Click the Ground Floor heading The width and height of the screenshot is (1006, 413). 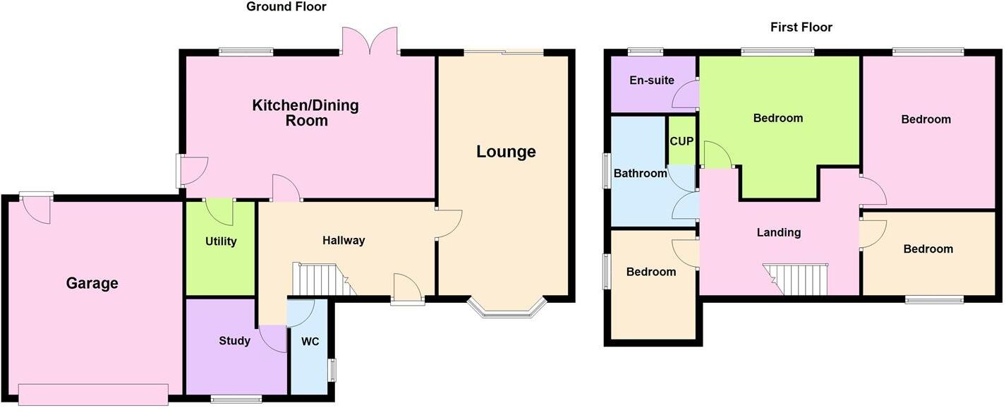[x=286, y=7]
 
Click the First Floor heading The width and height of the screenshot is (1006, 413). [x=801, y=28]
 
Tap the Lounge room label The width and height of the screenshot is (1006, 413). [x=506, y=152]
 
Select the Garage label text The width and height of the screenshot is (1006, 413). [x=92, y=284]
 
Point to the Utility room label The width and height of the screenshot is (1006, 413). [x=221, y=241]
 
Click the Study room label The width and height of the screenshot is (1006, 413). [x=234, y=341]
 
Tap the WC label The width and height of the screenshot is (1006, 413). [x=310, y=342]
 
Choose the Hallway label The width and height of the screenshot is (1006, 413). [x=344, y=240]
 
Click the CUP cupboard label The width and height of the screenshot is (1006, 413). [x=681, y=141]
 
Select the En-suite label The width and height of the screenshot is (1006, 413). [x=651, y=80]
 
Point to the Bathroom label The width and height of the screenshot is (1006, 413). [x=640, y=173]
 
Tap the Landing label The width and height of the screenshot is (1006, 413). [x=779, y=232]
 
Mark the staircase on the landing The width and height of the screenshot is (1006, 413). [x=796, y=280]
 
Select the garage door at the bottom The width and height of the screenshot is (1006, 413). [x=93, y=394]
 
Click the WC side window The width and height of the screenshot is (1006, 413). [x=332, y=370]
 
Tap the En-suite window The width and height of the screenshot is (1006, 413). [x=646, y=51]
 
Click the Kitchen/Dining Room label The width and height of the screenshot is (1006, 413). [x=305, y=113]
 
